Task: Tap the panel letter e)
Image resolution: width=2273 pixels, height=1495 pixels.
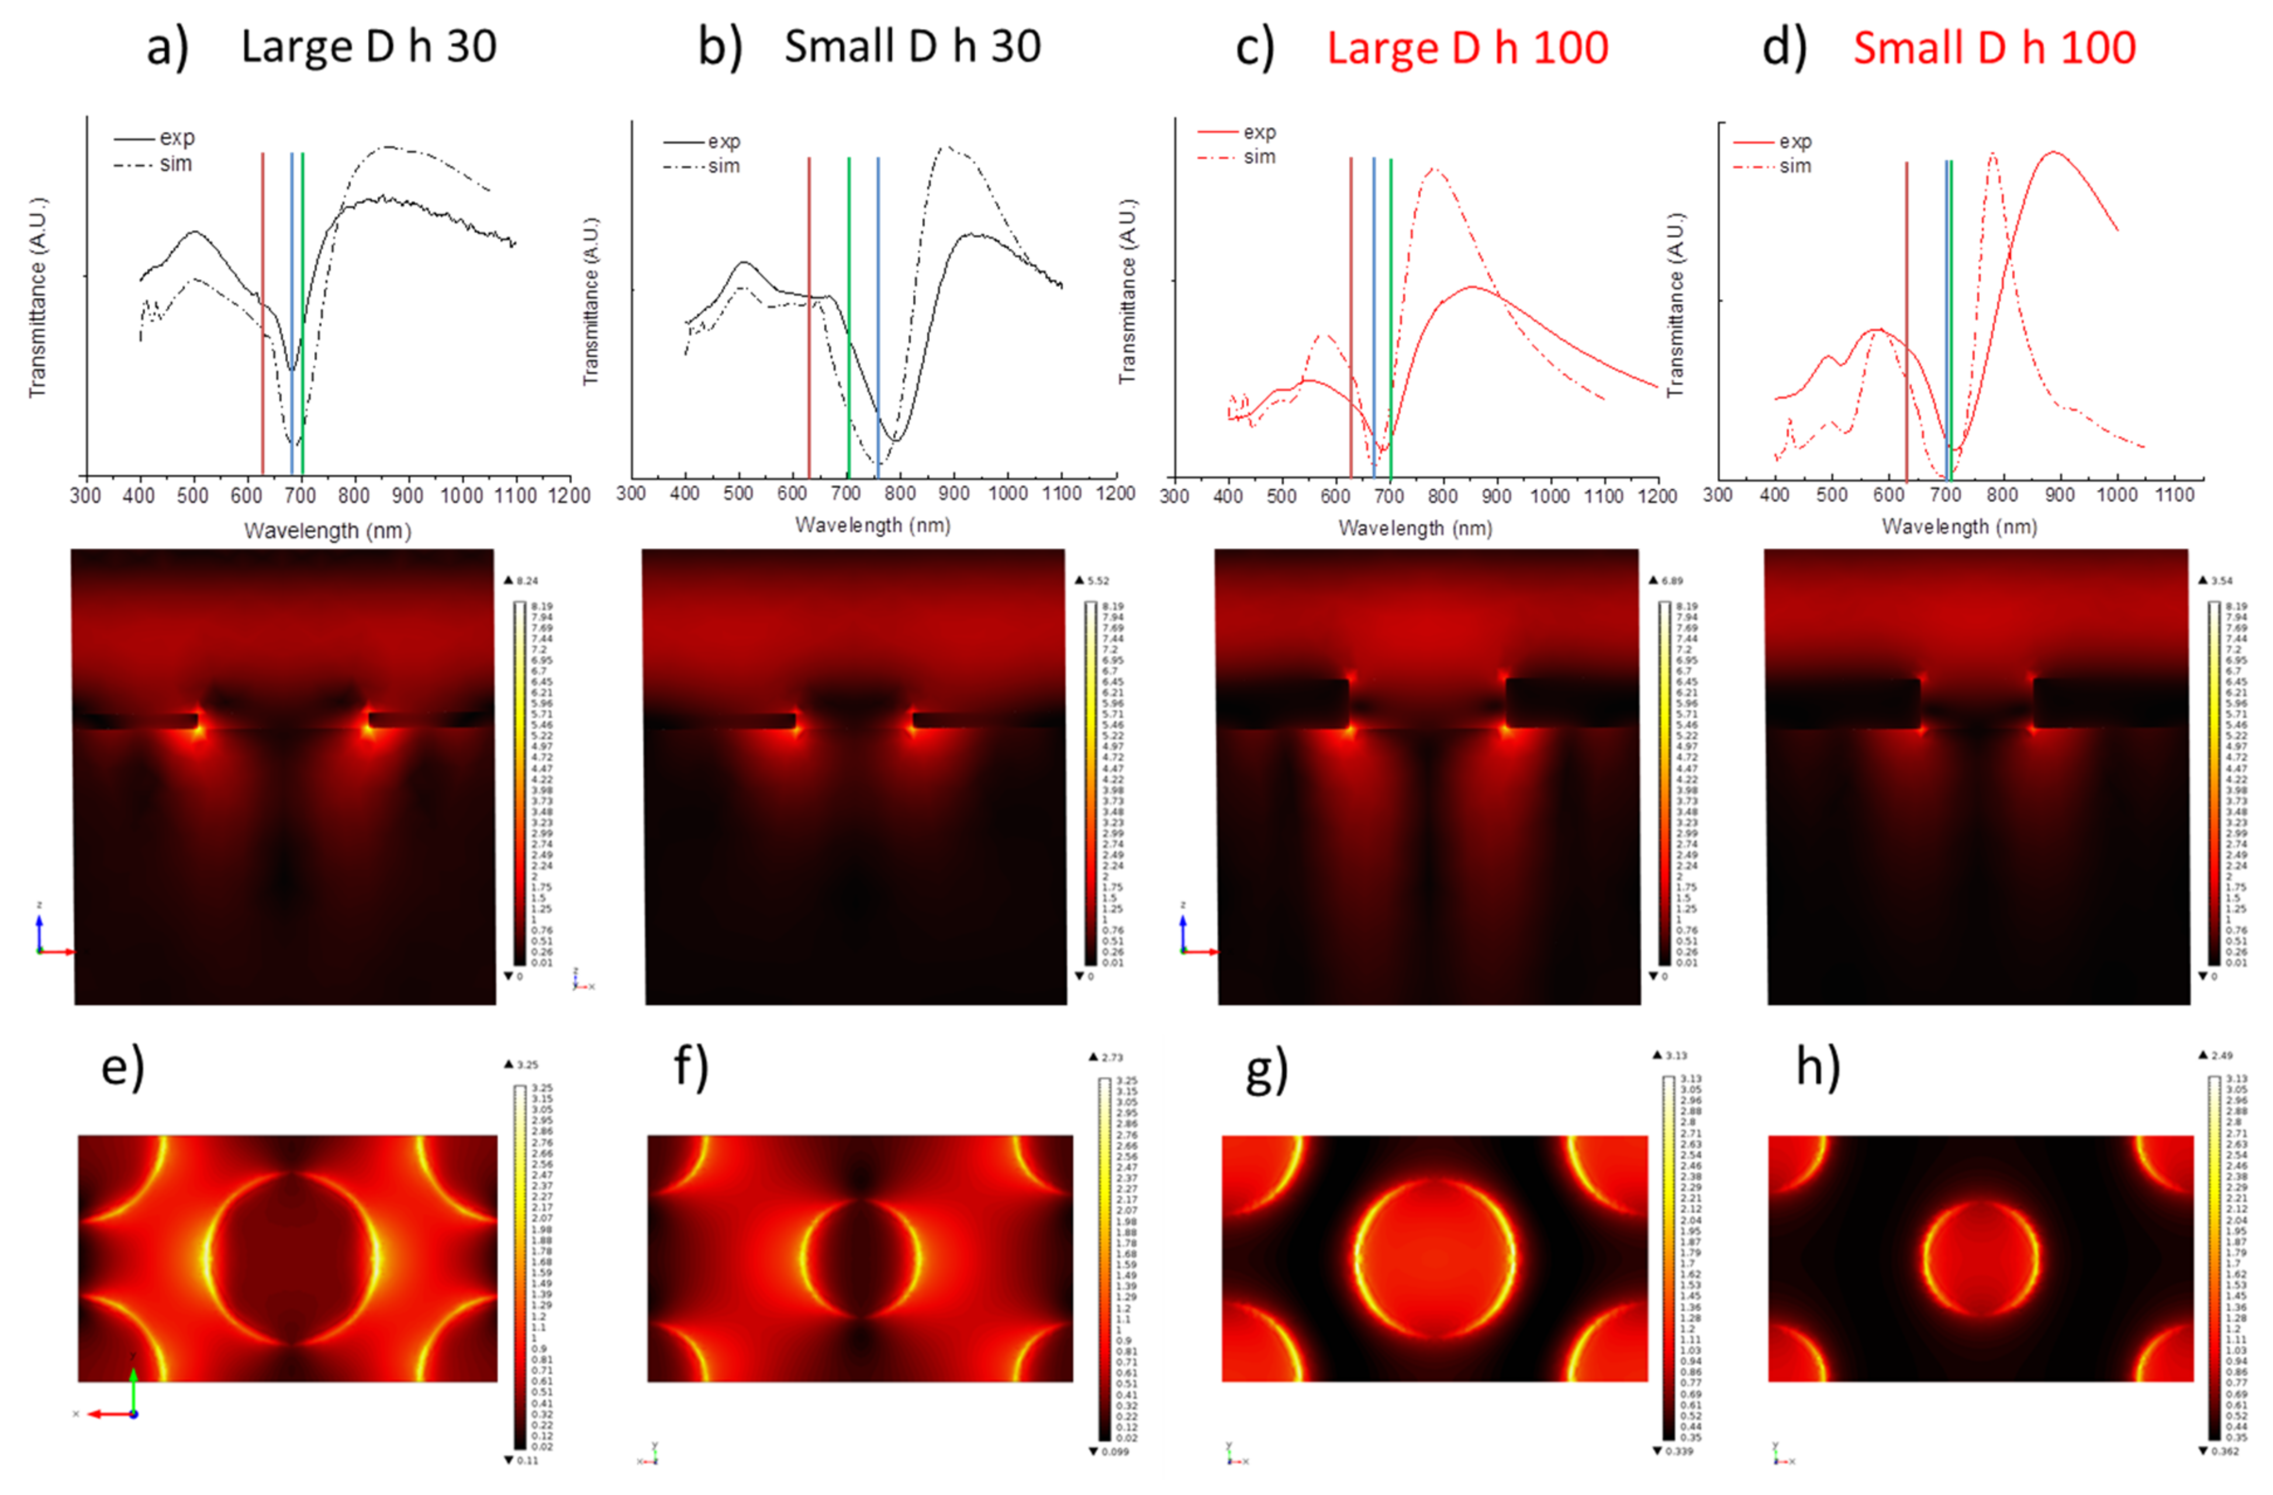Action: tap(122, 1067)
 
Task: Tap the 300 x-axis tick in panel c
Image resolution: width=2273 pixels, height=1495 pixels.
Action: tap(1174, 496)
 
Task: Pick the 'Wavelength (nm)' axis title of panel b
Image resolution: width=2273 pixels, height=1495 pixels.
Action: tap(873, 525)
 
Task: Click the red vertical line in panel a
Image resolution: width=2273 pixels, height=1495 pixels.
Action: tap(262, 315)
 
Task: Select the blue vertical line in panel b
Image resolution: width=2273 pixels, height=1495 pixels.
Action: tap(878, 315)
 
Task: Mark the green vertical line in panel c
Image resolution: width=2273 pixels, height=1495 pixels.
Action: tap(1391, 315)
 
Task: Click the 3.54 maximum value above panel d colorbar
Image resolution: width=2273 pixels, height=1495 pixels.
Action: tap(2222, 581)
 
